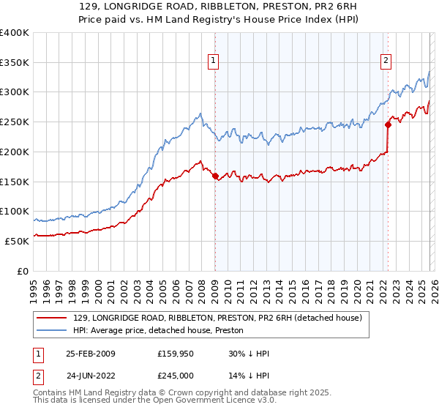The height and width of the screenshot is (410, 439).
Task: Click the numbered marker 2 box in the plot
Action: click(x=386, y=61)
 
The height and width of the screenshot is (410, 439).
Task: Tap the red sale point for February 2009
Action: click(x=215, y=176)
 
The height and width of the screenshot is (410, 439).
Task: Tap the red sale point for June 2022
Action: click(x=388, y=124)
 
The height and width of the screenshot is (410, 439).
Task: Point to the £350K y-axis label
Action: click(x=14, y=62)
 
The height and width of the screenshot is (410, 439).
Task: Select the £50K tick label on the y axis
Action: click(x=16, y=241)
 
